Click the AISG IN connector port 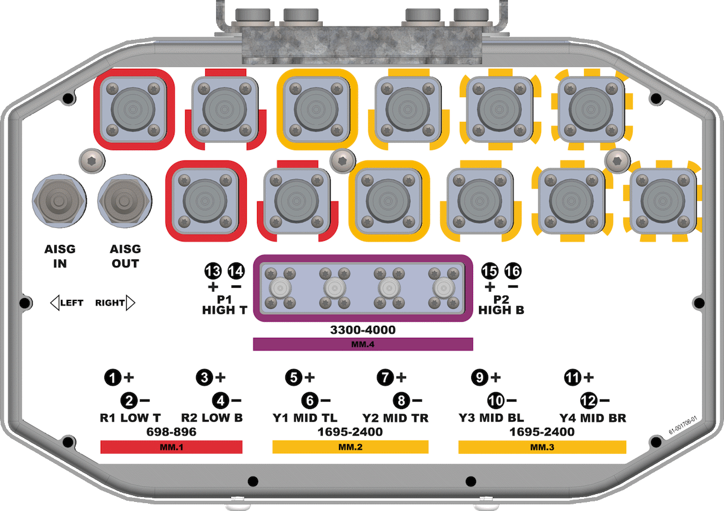pos(59,200)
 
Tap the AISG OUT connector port pos(125,200)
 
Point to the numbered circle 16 pos(513,271)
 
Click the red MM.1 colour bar pos(171,447)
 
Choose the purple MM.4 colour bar pos(362,344)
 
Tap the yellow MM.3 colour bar pos(542,447)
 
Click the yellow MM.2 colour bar pos(350,447)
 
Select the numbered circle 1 pos(112,378)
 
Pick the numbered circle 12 pos(588,400)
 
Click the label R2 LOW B pos(212,417)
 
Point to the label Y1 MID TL pos(305,417)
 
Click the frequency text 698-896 pos(171,432)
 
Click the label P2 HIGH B pos(501,305)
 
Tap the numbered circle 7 pos(384,378)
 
